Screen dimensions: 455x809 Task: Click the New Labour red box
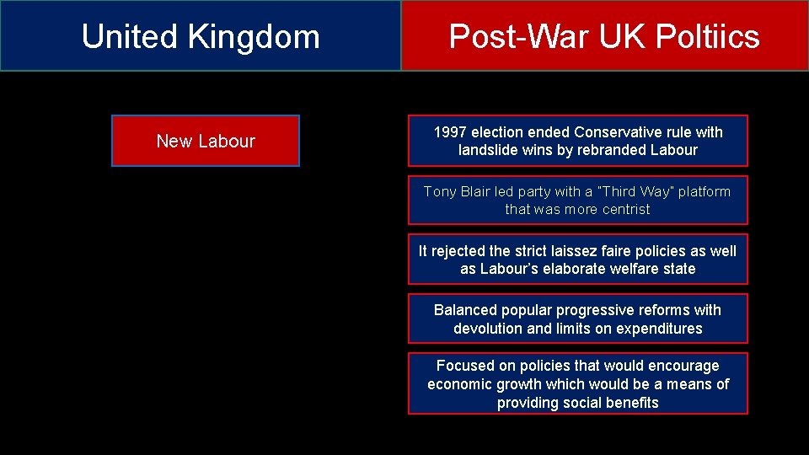[206, 141]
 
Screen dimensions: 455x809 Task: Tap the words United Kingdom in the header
[201, 36]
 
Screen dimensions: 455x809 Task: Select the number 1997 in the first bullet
[450, 132]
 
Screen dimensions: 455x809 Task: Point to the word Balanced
[465, 310]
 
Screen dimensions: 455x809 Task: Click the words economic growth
[485, 384]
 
